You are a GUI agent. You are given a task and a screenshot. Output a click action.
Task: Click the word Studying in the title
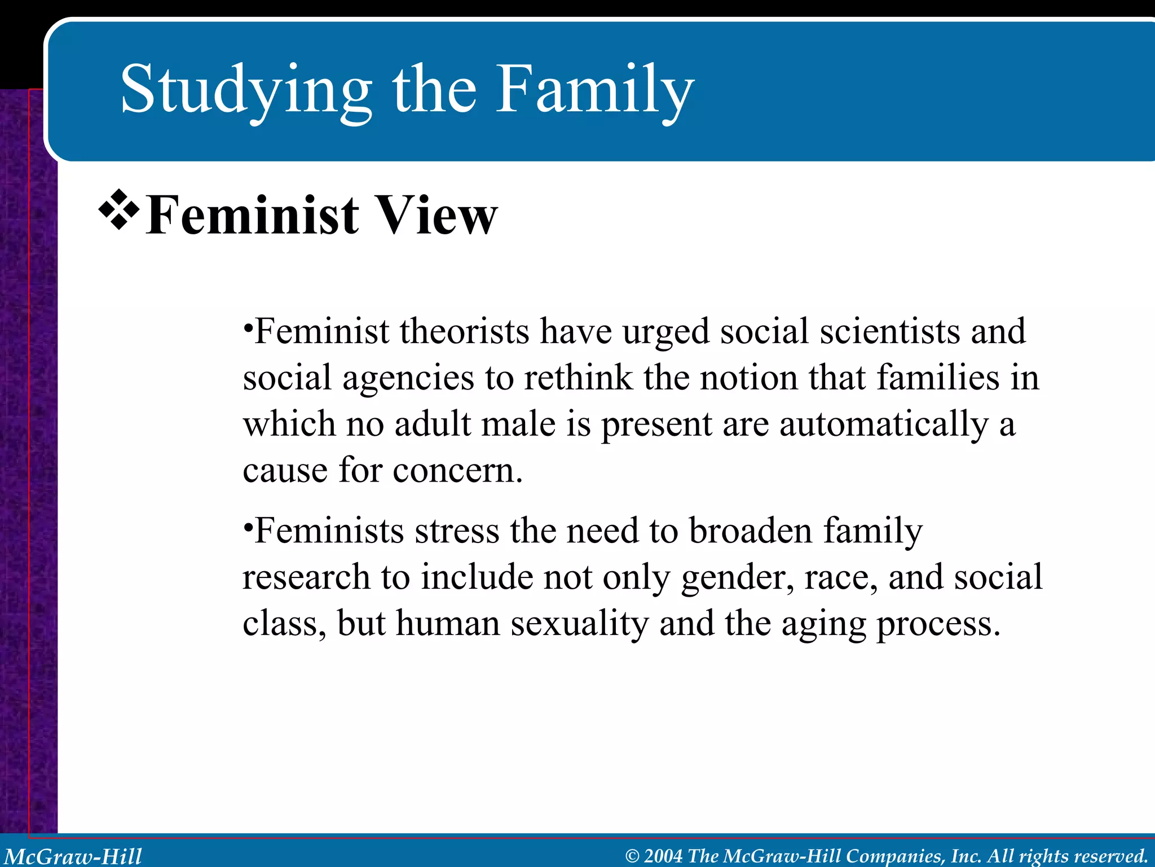coord(246,90)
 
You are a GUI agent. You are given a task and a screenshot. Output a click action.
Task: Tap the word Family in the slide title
coord(594,90)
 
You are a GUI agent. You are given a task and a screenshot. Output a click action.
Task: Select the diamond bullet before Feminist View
coord(119,209)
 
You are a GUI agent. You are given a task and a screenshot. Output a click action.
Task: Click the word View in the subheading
coord(437,215)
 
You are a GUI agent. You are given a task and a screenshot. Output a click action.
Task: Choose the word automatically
coord(884,425)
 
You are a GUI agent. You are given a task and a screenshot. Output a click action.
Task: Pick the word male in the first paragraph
coord(518,424)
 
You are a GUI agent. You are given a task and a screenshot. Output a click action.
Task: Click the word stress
coord(457,532)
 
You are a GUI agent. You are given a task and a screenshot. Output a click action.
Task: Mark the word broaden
coord(751,532)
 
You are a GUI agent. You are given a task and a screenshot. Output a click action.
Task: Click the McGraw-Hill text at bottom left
coord(73,856)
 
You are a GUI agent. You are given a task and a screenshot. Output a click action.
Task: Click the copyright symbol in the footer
coord(632,856)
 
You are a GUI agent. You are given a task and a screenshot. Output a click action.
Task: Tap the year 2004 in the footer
coord(663,856)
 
